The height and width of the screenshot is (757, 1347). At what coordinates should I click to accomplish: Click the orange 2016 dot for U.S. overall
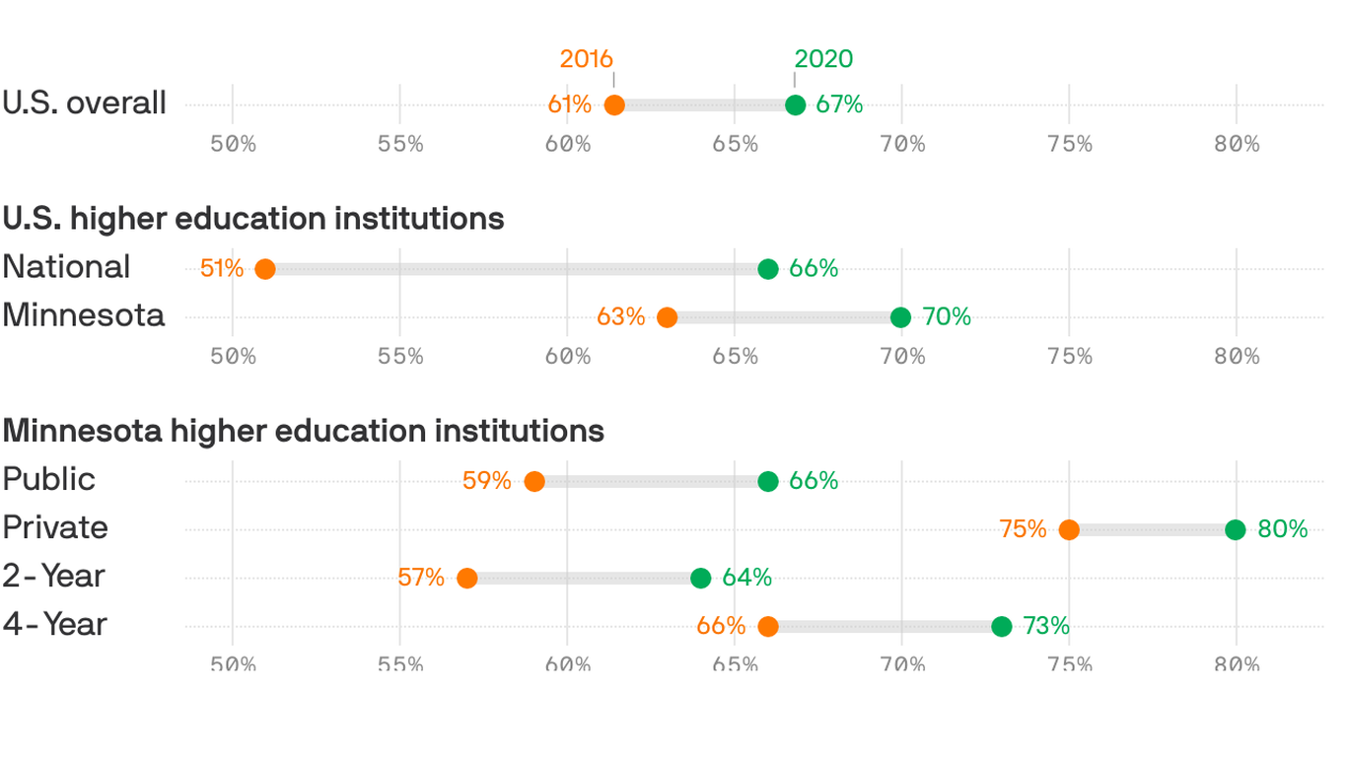(614, 105)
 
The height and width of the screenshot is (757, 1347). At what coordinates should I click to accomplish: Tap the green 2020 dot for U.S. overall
(795, 105)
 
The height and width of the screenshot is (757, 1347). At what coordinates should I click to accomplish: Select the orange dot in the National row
(264, 269)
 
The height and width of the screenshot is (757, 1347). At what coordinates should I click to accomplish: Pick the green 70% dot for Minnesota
(900, 317)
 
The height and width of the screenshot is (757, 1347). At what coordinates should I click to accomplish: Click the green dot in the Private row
(1236, 530)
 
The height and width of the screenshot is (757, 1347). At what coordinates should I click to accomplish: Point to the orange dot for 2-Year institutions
(466, 579)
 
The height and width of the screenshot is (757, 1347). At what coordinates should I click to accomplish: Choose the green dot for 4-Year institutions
(1001, 627)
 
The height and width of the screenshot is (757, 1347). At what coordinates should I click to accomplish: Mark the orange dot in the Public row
(533, 482)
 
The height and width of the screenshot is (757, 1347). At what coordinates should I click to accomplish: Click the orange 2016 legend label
(586, 59)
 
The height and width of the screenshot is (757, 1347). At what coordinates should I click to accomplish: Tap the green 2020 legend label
(823, 59)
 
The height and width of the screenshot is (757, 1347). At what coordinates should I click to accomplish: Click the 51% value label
(222, 268)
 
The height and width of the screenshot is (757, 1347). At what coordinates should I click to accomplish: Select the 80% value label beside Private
(1283, 529)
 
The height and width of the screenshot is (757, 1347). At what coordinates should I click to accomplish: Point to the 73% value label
(1045, 626)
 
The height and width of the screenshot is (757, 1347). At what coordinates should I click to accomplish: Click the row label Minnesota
(84, 315)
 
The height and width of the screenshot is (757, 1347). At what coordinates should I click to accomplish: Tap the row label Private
(55, 527)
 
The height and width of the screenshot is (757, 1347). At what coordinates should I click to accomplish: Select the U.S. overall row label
(85, 103)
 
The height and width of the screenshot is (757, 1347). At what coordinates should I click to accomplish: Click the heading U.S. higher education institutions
(253, 218)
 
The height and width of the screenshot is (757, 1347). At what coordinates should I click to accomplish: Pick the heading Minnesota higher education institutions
(304, 431)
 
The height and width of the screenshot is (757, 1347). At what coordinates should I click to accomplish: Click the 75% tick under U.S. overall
(1070, 144)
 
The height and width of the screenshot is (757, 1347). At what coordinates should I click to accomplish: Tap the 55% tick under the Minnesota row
(400, 356)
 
